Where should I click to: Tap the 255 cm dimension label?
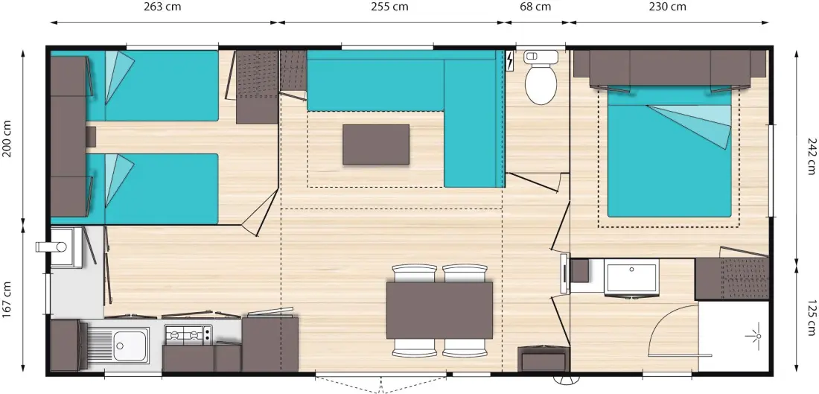coord(389,7)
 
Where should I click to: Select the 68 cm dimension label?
coord(535,7)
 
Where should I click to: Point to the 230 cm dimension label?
coord(668,7)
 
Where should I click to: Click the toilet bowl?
coord(539,83)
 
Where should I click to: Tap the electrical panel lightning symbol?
coord(510,60)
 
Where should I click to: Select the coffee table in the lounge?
coord(375,144)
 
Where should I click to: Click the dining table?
coord(439,311)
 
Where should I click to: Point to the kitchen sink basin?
coord(130,346)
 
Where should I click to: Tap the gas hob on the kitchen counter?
coord(188,334)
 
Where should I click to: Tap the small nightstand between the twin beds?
coord(91,136)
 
